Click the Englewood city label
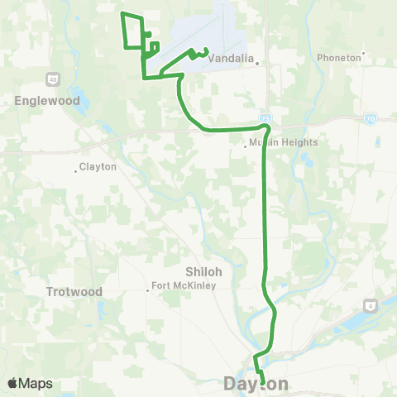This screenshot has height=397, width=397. pyautogui.click(x=46, y=101)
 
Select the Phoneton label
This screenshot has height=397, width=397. pyautogui.click(x=339, y=58)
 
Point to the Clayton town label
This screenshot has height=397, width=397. pyautogui.click(x=98, y=167)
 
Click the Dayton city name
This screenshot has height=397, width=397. pyautogui.click(x=256, y=384)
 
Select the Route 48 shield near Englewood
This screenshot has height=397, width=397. pyautogui.click(x=51, y=79)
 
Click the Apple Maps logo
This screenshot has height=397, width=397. pyautogui.click(x=30, y=384)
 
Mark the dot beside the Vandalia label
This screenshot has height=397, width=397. pyautogui.click(x=257, y=63)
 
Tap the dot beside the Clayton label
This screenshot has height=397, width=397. pyautogui.click(x=75, y=171)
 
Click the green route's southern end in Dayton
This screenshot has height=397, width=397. pyautogui.click(x=263, y=383)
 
